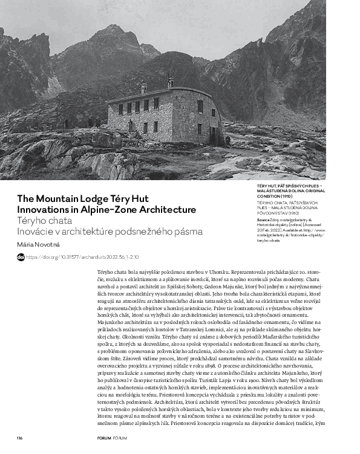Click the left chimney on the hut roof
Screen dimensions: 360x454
pos(143,88)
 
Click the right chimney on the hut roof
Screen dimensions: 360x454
pos(171,82)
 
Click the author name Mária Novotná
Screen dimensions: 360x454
pos(38,244)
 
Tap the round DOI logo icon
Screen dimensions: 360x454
pos(21,257)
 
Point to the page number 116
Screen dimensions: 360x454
pos(20,438)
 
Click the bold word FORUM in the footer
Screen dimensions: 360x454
pos(104,438)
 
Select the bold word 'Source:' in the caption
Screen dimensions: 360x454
pos(264,220)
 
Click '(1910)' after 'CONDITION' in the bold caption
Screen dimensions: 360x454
pos(289,196)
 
